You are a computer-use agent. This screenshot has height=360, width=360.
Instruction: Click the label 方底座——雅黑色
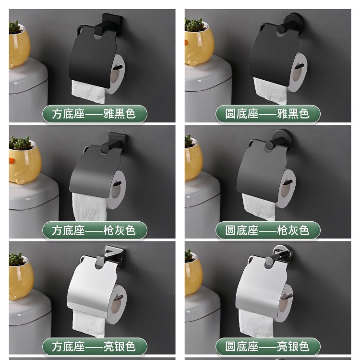tap(95, 114)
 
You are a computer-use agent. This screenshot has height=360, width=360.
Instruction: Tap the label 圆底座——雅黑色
tap(268, 114)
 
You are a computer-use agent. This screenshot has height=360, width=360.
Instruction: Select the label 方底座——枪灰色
tap(95, 230)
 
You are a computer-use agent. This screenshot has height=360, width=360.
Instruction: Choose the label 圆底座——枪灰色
tap(268, 230)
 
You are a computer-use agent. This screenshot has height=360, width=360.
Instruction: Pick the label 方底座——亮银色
tap(95, 347)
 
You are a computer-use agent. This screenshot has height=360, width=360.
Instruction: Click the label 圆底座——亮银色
tap(268, 347)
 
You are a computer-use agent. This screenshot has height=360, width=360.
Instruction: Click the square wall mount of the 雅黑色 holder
tap(112, 24)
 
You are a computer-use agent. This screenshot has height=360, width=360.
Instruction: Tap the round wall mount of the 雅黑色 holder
tap(295, 23)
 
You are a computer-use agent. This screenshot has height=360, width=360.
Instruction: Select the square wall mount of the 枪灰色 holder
tap(118, 142)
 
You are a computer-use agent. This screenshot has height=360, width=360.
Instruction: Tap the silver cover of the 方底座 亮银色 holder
tap(92, 287)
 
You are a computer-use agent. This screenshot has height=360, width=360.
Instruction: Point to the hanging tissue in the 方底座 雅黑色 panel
tap(88, 92)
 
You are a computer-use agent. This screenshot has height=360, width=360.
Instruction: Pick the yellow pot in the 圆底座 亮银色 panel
tap(193, 276)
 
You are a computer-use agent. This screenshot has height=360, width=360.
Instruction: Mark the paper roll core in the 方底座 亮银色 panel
tap(116, 305)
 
